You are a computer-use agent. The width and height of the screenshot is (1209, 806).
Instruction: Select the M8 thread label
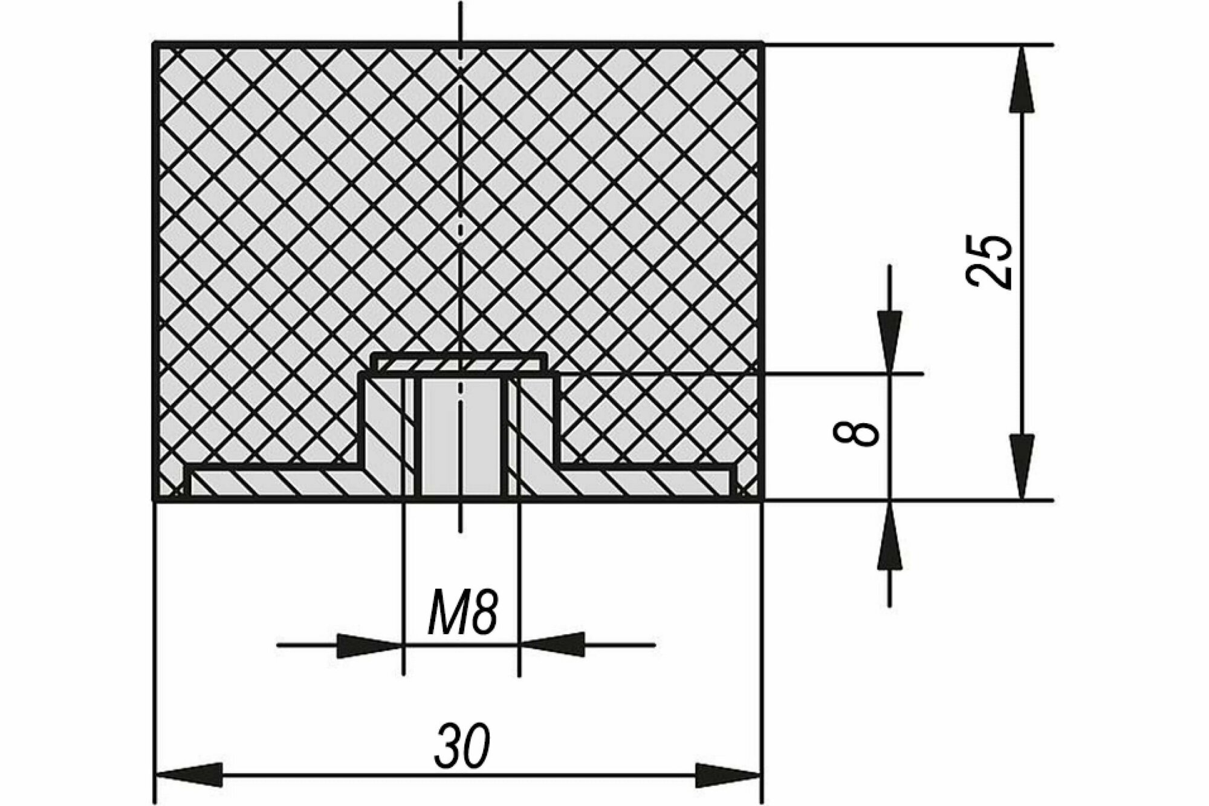click(x=462, y=614)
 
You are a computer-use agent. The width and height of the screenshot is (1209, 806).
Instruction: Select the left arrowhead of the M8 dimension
click(x=370, y=645)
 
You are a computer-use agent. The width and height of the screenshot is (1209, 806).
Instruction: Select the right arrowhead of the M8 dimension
click(x=552, y=645)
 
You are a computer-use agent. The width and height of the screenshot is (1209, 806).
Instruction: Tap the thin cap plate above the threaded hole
click(x=462, y=363)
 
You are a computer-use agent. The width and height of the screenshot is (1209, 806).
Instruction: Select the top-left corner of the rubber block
click(x=154, y=43)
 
